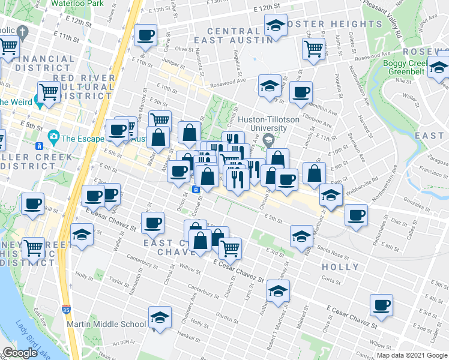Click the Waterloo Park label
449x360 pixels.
77,3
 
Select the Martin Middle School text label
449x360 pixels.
106,325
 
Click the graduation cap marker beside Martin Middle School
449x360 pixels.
160,319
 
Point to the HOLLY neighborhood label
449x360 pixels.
340,267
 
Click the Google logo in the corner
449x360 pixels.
20,353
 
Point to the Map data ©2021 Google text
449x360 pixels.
411,355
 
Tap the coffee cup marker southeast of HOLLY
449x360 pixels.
381,305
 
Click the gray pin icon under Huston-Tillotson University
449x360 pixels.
268,140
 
